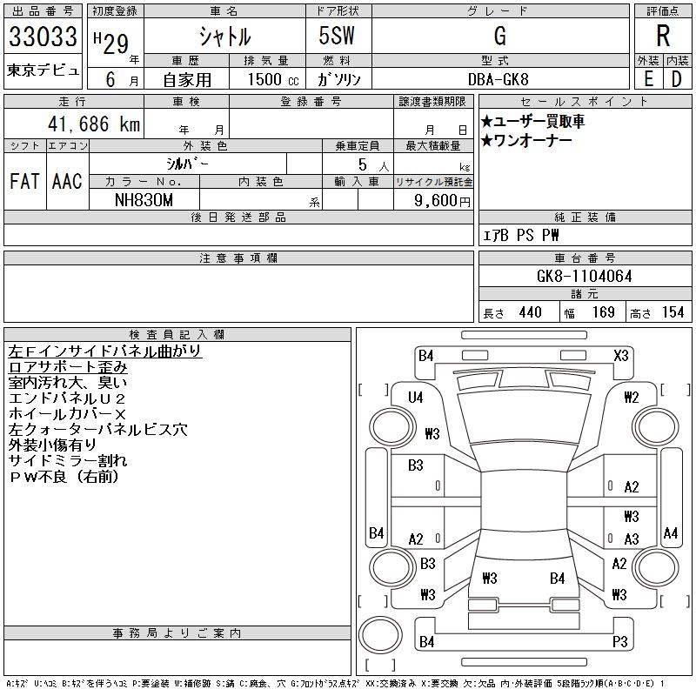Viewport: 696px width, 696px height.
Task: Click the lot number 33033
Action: [43, 37]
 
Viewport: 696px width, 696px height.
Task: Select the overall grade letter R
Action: [662, 37]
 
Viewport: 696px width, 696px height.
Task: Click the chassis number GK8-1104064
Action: [584, 276]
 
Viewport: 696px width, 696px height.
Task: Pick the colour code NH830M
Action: [144, 199]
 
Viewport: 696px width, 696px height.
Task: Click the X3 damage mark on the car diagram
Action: [621, 355]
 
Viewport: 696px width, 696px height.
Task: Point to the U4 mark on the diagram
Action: [415, 398]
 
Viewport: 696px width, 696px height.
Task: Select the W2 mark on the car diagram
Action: [632, 398]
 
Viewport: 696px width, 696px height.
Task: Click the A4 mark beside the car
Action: [670, 532]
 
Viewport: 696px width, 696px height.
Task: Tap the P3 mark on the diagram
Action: [619, 642]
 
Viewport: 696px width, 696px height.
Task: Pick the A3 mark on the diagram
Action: [632, 539]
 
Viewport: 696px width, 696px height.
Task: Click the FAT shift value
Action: [24, 181]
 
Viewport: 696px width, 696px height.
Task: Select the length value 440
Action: [530, 312]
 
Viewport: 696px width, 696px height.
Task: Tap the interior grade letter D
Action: [676, 78]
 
